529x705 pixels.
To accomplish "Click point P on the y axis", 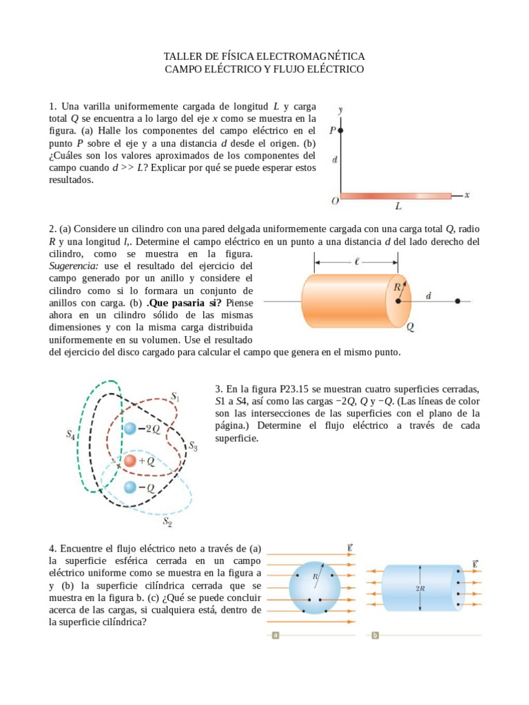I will pyautogui.click(x=340, y=129).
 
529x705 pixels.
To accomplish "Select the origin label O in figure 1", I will pyautogui.click(x=334, y=201).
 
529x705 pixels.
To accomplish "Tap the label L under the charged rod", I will pyautogui.click(x=397, y=206).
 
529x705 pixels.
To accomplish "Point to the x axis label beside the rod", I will pyautogui.click(x=466, y=195).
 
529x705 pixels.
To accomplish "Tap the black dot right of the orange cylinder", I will pyautogui.click(x=457, y=302).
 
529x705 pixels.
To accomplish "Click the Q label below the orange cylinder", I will pyautogui.click(x=410, y=328).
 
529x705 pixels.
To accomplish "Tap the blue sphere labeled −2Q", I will pyautogui.click(x=130, y=429).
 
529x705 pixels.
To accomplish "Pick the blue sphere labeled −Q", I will pyautogui.click(x=130, y=487).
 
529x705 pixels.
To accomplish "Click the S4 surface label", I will pyautogui.click(x=70, y=434).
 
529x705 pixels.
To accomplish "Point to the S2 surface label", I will pyautogui.click(x=167, y=521).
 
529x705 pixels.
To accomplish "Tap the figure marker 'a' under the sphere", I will pyautogui.click(x=275, y=635).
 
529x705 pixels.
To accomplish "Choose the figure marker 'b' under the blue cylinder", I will pyautogui.click(x=375, y=635).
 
